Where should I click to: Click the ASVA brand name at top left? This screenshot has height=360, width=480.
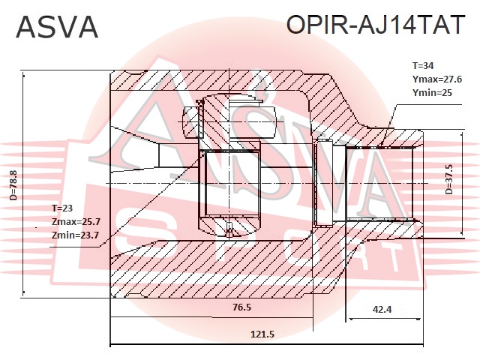[57, 28]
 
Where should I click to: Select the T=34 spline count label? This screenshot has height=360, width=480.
[422, 65]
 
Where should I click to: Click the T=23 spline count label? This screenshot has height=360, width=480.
[64, 208]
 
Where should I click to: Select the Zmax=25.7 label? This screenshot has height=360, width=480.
[76, 222]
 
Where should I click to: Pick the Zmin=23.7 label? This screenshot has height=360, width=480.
[75, 235]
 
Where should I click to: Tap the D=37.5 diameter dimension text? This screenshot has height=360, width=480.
[448, 180]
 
